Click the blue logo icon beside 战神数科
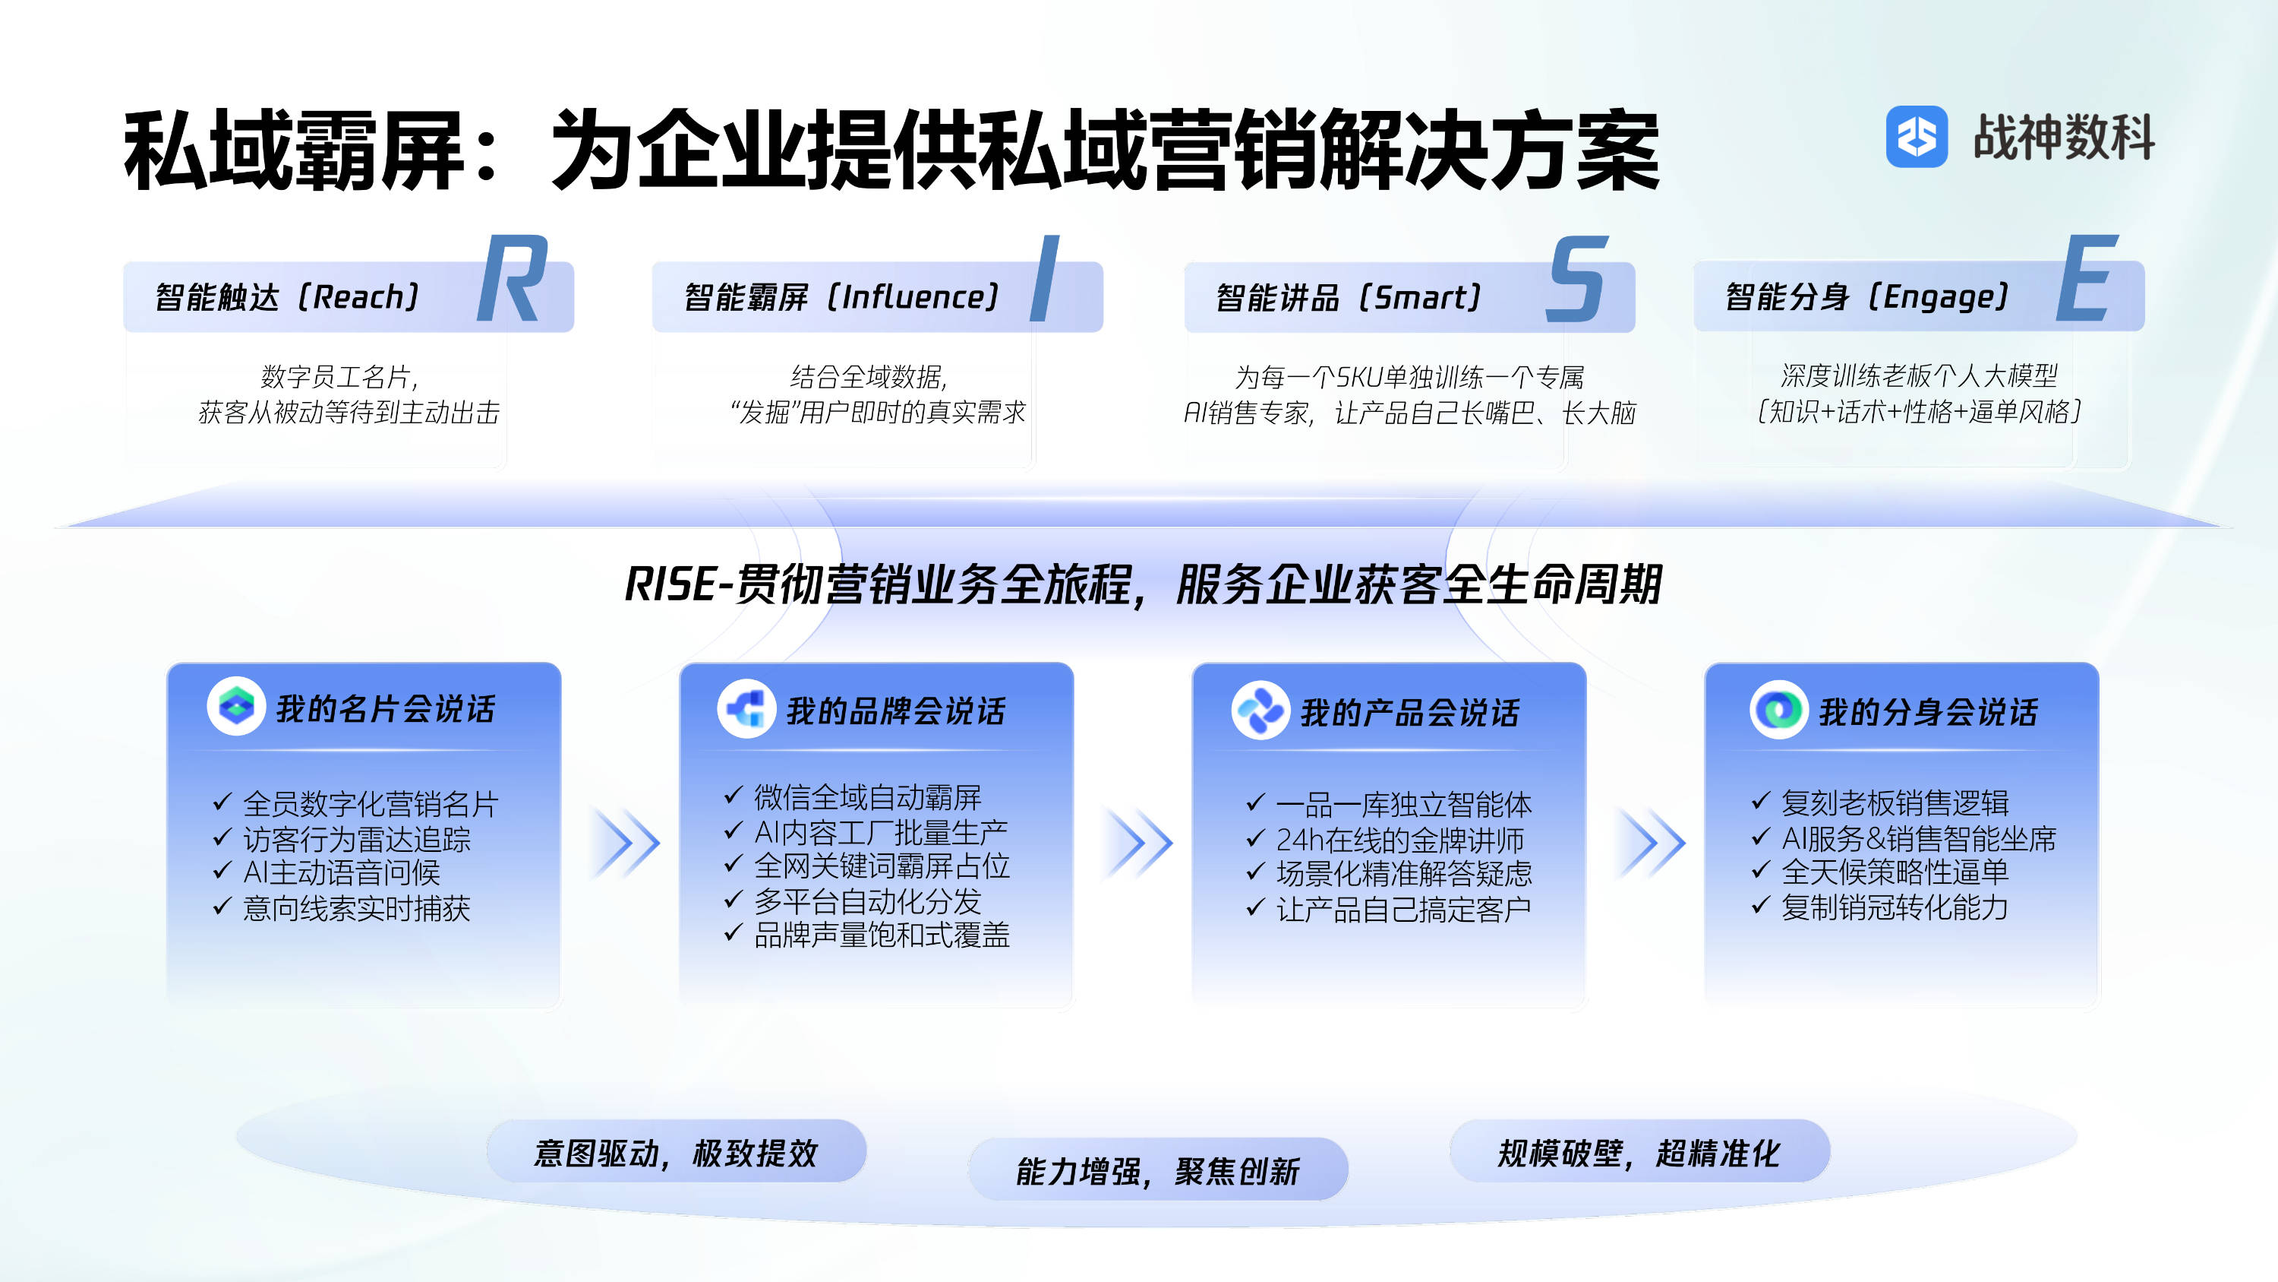point(1917,136)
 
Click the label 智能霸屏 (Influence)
point(842,297)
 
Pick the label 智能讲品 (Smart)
point(1349,297)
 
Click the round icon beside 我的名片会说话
point(236,706)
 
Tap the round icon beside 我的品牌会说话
point(746,709)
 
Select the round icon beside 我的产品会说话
point(1260,710)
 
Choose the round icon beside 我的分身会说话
point(1778,710)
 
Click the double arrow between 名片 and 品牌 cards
point(627,842)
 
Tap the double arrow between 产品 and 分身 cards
point(1652,842)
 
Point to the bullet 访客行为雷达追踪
point(342,839)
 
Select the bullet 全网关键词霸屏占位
point(866,866)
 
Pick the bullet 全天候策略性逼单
point(1880,872)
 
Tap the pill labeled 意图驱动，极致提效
point(677,1151)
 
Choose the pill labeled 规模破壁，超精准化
point(1639,1151)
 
